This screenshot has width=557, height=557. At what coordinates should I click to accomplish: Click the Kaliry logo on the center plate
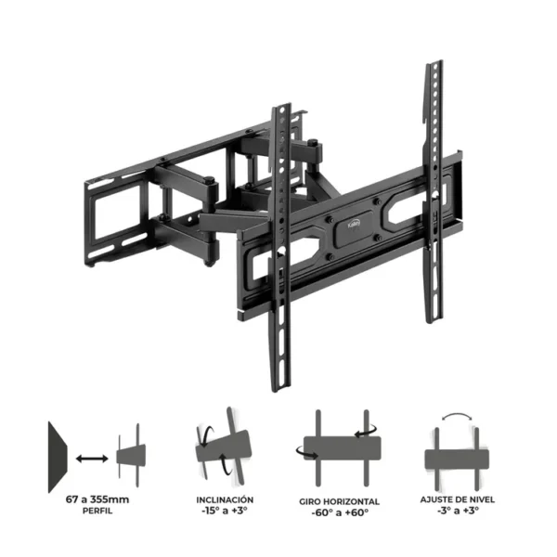pos(354,224)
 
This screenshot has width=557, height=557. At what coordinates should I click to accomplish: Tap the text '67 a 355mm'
pos(97,499)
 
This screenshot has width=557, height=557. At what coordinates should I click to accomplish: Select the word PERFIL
pos(97,511)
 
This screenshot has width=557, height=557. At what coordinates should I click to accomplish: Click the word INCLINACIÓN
pos(225,499)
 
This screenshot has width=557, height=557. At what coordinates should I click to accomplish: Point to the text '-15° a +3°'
pos(225,511)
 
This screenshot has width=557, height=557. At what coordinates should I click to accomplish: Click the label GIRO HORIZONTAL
pos(339,501)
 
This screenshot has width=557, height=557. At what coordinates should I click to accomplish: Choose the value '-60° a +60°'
pos(340,512)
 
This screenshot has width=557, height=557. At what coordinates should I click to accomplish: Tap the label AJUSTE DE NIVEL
pos(457,499)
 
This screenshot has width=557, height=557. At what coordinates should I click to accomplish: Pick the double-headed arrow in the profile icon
pos(92,459)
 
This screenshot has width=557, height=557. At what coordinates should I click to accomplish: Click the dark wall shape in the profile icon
pos(57,457)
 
